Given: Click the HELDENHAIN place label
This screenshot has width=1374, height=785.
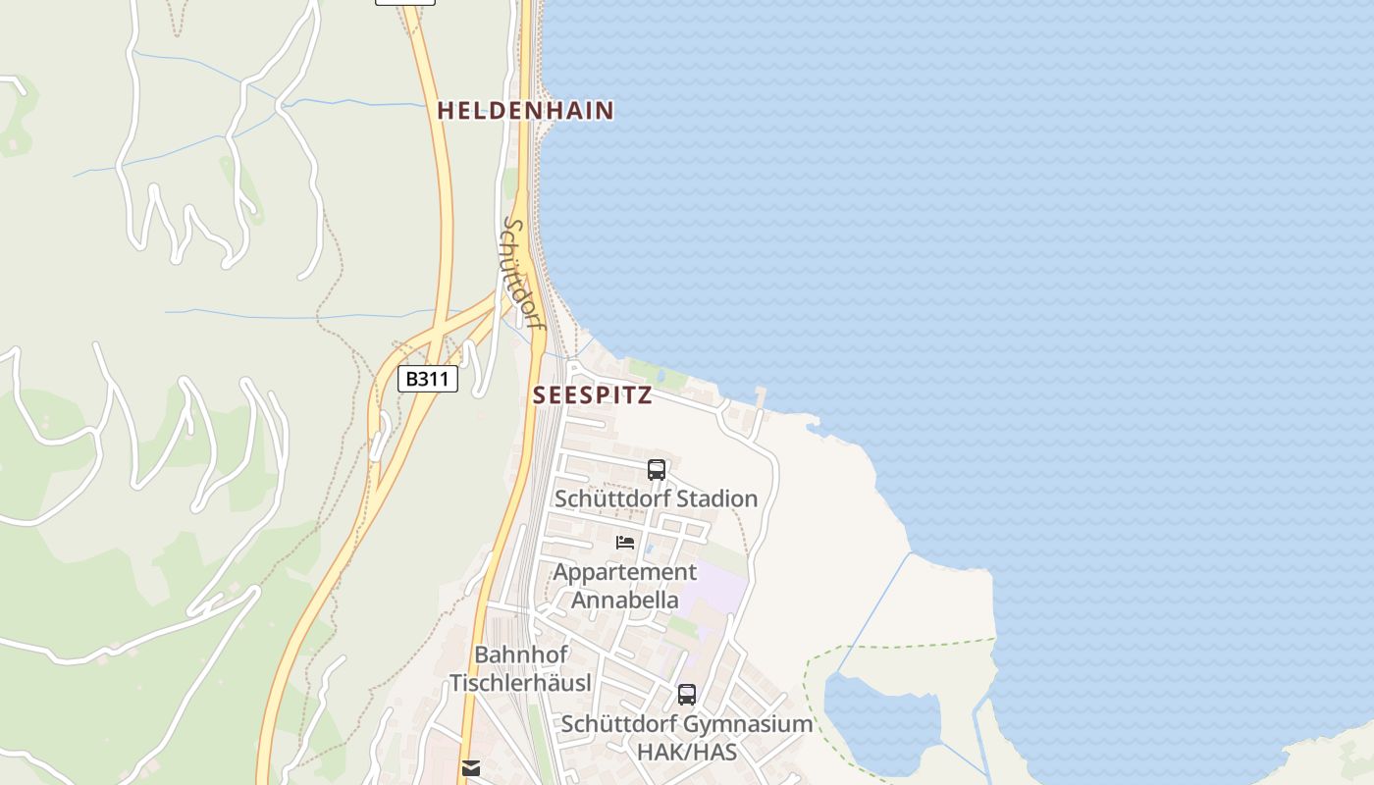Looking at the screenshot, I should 525,111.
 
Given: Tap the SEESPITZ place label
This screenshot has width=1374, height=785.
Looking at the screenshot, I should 592,395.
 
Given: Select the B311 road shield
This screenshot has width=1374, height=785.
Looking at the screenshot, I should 428,379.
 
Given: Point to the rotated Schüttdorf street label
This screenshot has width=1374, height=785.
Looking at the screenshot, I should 522,273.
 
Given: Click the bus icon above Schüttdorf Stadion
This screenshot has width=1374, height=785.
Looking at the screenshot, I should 657,470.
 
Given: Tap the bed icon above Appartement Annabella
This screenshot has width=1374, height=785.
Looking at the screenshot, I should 625,542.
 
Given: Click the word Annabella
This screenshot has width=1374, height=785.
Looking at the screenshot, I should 625,600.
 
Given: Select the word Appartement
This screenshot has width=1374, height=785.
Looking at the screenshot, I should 625,572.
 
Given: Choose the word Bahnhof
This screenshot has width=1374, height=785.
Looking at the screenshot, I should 521,654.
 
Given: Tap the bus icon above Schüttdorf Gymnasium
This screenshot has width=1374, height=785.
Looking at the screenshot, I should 687,695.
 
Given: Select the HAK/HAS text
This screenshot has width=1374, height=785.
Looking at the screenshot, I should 687,753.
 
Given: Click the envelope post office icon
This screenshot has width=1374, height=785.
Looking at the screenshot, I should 471,767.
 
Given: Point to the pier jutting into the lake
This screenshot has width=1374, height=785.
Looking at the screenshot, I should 761,397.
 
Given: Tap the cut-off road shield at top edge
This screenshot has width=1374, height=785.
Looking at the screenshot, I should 404,2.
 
